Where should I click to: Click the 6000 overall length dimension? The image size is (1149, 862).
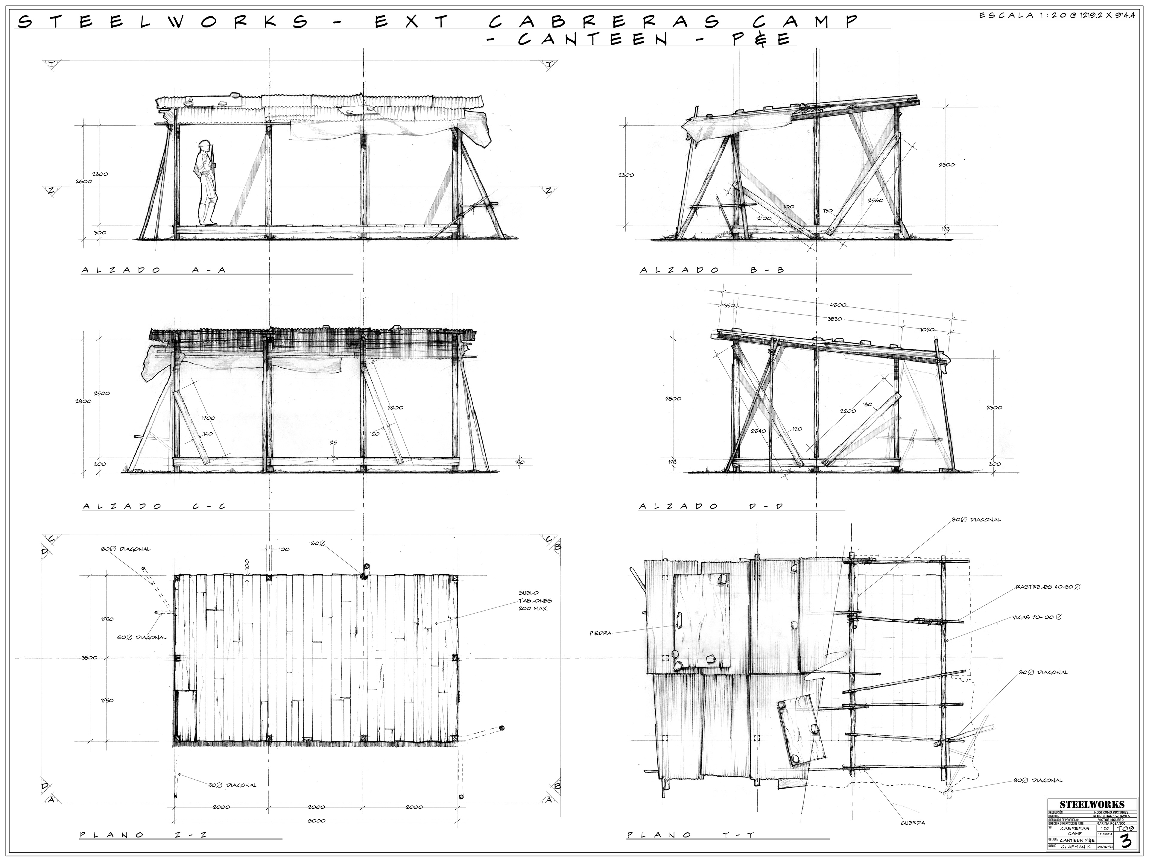click(x=316, y=820)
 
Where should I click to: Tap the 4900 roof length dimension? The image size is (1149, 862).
click(x=838, y=305)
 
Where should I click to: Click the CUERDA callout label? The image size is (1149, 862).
click(x=913, y=822)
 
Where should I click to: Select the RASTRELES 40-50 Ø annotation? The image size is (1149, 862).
click(x=1048, y=587)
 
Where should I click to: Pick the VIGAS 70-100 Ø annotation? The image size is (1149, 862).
click(x=1036, y=617)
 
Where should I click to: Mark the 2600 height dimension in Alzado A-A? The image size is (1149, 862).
click(x=83, y=181)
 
